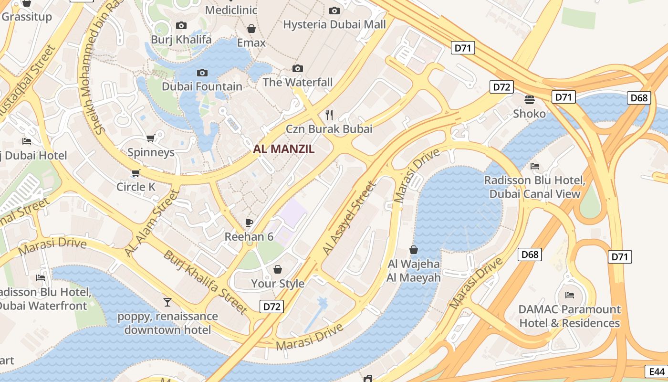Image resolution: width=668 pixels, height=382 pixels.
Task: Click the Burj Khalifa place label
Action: (x=181, y=39)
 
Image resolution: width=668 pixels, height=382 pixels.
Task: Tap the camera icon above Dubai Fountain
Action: (x=202, y=73)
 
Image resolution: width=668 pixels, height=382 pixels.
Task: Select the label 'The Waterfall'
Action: (x=298, y=82)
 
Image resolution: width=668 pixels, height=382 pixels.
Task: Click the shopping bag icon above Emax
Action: (x=251, y=29)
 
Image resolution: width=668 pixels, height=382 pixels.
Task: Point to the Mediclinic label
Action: (x=231, y=10)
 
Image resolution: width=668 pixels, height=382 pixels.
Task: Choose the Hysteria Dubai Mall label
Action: (x=334, y=24)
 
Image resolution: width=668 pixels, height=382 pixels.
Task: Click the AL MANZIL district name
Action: (x=284, y=149)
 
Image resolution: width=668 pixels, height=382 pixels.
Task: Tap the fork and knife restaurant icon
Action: (x=329, y=115)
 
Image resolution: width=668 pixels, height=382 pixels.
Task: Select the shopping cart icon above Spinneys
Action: (x=151, y=138)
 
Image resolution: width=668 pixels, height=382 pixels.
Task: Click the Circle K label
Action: (x=136, y=187)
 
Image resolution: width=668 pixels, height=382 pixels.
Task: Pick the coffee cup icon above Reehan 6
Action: (x=249, y=222)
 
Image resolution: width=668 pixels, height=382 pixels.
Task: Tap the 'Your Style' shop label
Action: (x=278, y=284)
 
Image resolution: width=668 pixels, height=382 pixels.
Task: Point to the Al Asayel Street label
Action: (x=349, y=218)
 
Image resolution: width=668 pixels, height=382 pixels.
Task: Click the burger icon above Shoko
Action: (x=529, y=99)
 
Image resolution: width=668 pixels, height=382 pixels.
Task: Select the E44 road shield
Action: (x=656, y=371)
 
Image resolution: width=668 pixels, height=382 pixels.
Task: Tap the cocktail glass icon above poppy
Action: (x=167, y=302)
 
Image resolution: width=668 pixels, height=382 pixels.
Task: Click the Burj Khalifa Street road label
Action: (x=206, y=282)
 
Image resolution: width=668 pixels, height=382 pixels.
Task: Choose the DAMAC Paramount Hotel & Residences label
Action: (x=569, y=316)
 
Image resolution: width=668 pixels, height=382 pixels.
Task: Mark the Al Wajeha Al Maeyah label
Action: (x=414, y=270)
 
